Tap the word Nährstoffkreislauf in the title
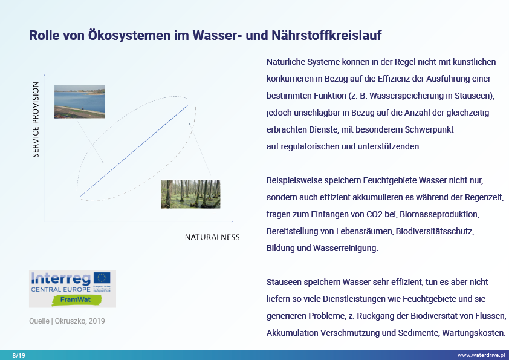pos(324,36)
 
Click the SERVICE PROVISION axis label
pos(36,120)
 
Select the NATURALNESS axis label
pos(212,237)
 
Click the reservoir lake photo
pos(79,102)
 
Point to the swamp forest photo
pos(190,194)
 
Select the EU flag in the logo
pos(102,278)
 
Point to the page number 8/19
pos(19,355)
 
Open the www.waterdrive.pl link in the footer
pos(481,355)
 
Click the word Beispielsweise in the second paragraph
pos(294,180)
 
